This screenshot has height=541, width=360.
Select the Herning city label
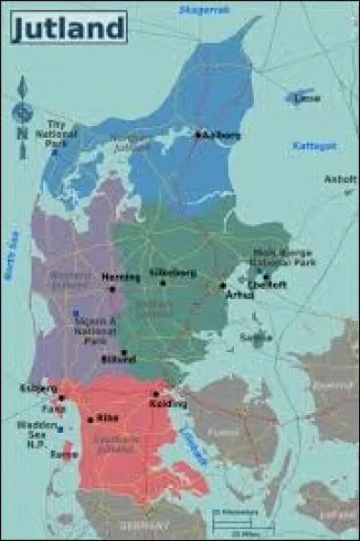pyautogui.click(x=121, y=277)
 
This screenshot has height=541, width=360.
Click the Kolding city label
pyautogui.click(x=162, y=403)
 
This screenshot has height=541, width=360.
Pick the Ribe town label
pyautogui.click(x=107, y=418)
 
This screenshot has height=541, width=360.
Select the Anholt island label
pyautogui.click(x=340, y=178)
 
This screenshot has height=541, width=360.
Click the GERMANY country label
pyautogui.click(x=146, y=526)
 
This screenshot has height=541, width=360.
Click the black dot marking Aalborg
pyautogui.click(x=198, y=135)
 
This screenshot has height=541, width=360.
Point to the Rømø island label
pyautogui.click(x=63, y=455)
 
